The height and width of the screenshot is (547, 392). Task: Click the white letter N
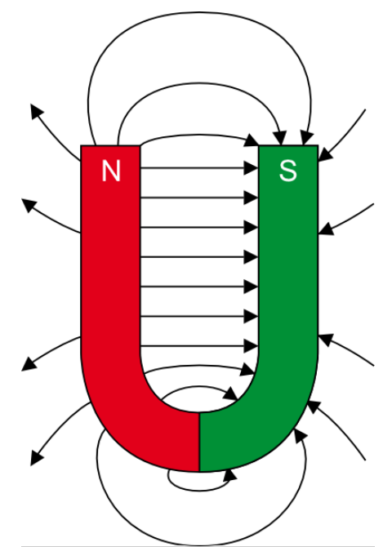coord(111,171)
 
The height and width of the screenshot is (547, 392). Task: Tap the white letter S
coord(288,171)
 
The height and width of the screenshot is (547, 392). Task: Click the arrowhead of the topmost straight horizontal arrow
coord(251,168)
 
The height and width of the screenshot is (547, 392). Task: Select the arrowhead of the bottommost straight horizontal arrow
coord(251,346)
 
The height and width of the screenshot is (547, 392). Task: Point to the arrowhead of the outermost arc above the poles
coord(307,138)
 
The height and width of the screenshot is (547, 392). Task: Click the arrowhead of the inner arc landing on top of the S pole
coord(280,138)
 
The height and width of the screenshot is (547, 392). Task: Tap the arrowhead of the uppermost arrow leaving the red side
coord(36,111)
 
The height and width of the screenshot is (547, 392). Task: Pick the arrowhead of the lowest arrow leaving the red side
coord(36,458)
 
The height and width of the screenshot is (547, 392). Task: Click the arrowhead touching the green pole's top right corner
coord(325,155)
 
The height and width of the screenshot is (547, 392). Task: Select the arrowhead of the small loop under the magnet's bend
coord(229,474)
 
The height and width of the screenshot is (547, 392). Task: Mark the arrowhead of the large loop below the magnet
coord(301,436)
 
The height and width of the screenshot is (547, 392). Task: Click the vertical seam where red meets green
coord(199,442)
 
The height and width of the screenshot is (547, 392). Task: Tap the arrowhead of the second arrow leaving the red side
coord(29,205)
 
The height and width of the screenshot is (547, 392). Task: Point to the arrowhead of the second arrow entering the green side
coord(326,229)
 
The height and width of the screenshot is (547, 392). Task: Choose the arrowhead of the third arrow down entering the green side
coord(326,340)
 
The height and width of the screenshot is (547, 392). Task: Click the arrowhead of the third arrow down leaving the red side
coord(29,364)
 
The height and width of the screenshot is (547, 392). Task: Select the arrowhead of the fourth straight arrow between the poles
coord(251,257)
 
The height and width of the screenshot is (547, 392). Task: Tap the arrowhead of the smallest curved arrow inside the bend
coord(231,394)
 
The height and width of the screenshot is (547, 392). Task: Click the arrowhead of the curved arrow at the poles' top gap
coord(252,140)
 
